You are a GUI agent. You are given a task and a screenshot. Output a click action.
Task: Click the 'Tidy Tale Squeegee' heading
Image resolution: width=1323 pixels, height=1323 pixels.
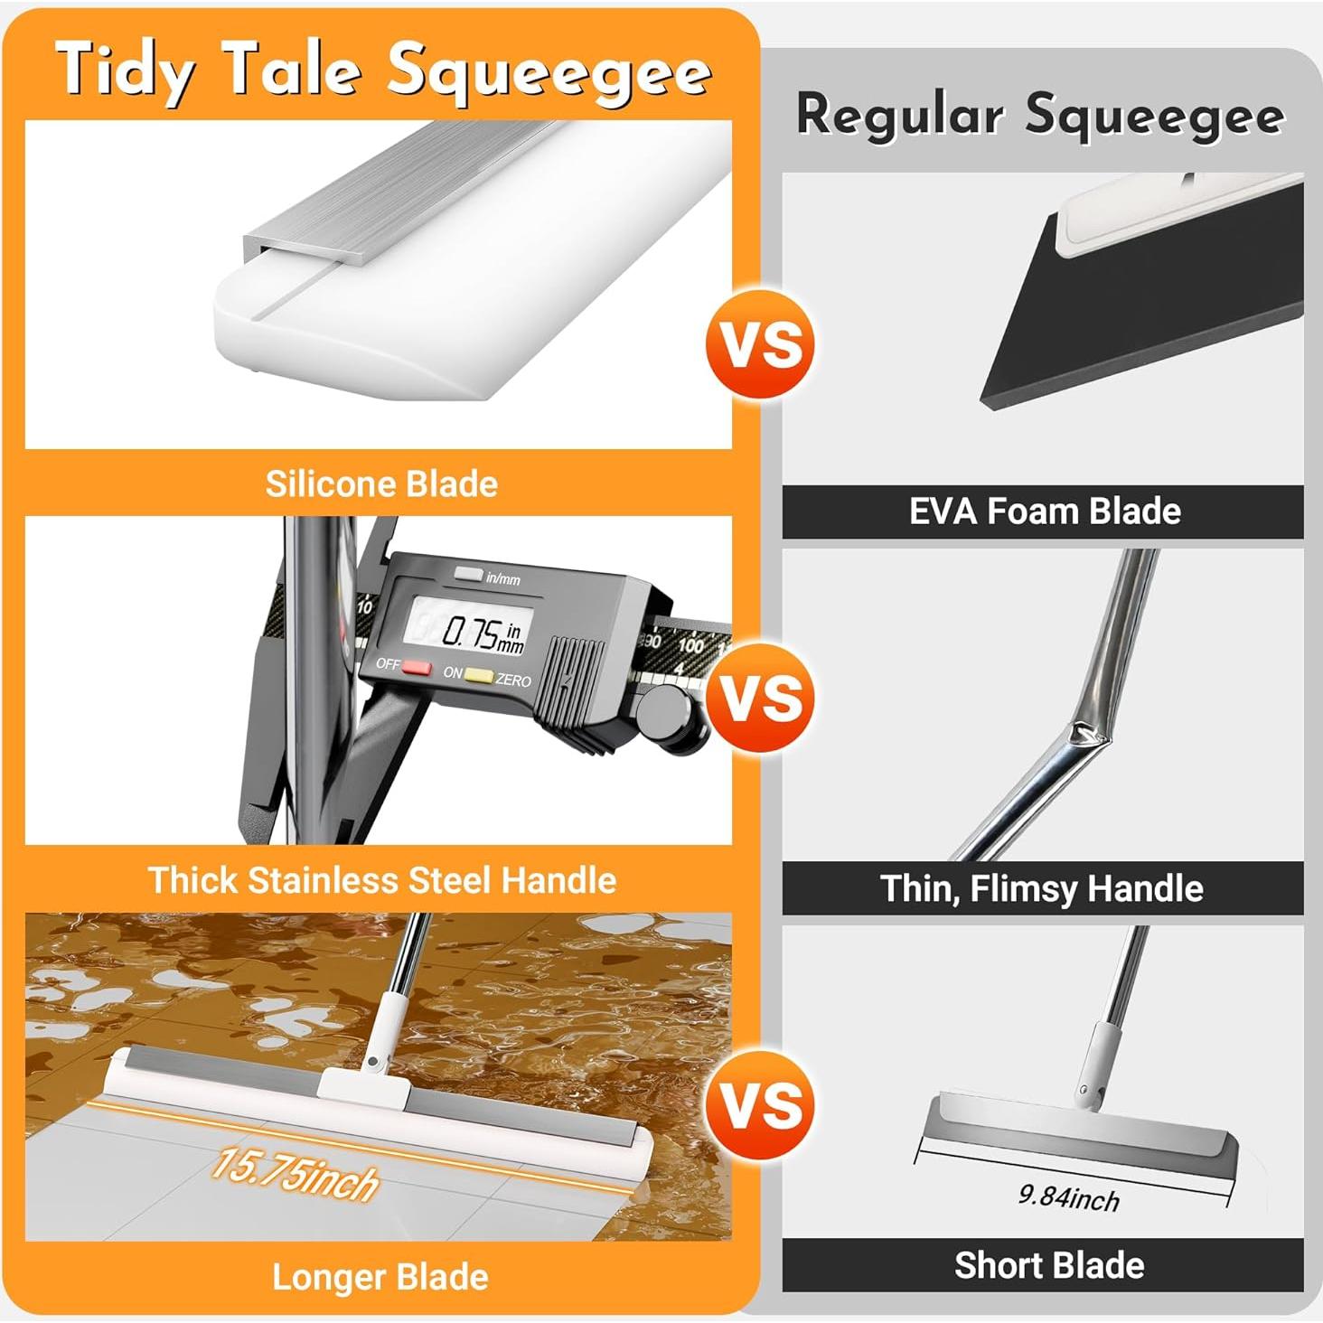coord(383,70)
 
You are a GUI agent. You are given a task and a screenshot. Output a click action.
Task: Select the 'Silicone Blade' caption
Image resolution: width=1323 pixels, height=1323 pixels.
coord(381,484)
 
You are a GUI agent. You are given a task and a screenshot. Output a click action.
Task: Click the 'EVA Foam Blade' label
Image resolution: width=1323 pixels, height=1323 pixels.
coord(1045,511)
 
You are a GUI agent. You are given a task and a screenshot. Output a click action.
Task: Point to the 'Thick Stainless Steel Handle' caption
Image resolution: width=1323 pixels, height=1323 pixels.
coord(382,880)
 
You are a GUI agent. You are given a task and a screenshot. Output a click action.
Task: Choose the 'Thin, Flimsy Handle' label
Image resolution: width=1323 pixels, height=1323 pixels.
coord(1042,888)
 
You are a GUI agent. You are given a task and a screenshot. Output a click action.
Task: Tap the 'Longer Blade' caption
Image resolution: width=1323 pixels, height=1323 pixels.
coord(380,1277)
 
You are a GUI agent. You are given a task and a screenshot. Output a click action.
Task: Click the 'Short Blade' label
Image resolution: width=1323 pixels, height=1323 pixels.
coord(1049,1265)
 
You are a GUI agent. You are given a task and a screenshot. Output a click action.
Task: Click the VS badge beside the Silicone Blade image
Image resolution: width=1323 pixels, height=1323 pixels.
coord(760,343)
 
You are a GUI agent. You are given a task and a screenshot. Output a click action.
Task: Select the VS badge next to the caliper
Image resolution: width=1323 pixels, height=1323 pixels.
coord(760,699)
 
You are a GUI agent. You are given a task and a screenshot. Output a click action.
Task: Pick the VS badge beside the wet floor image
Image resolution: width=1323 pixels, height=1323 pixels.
coord(760,1105)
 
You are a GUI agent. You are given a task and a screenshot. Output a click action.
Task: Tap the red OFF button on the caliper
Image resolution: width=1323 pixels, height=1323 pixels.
coord(417,668)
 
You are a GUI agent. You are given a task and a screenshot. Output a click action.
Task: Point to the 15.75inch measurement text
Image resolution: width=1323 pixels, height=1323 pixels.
coord(295,1174)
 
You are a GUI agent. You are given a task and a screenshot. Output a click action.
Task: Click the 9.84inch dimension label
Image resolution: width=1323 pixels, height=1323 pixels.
coord(1069,1197)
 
